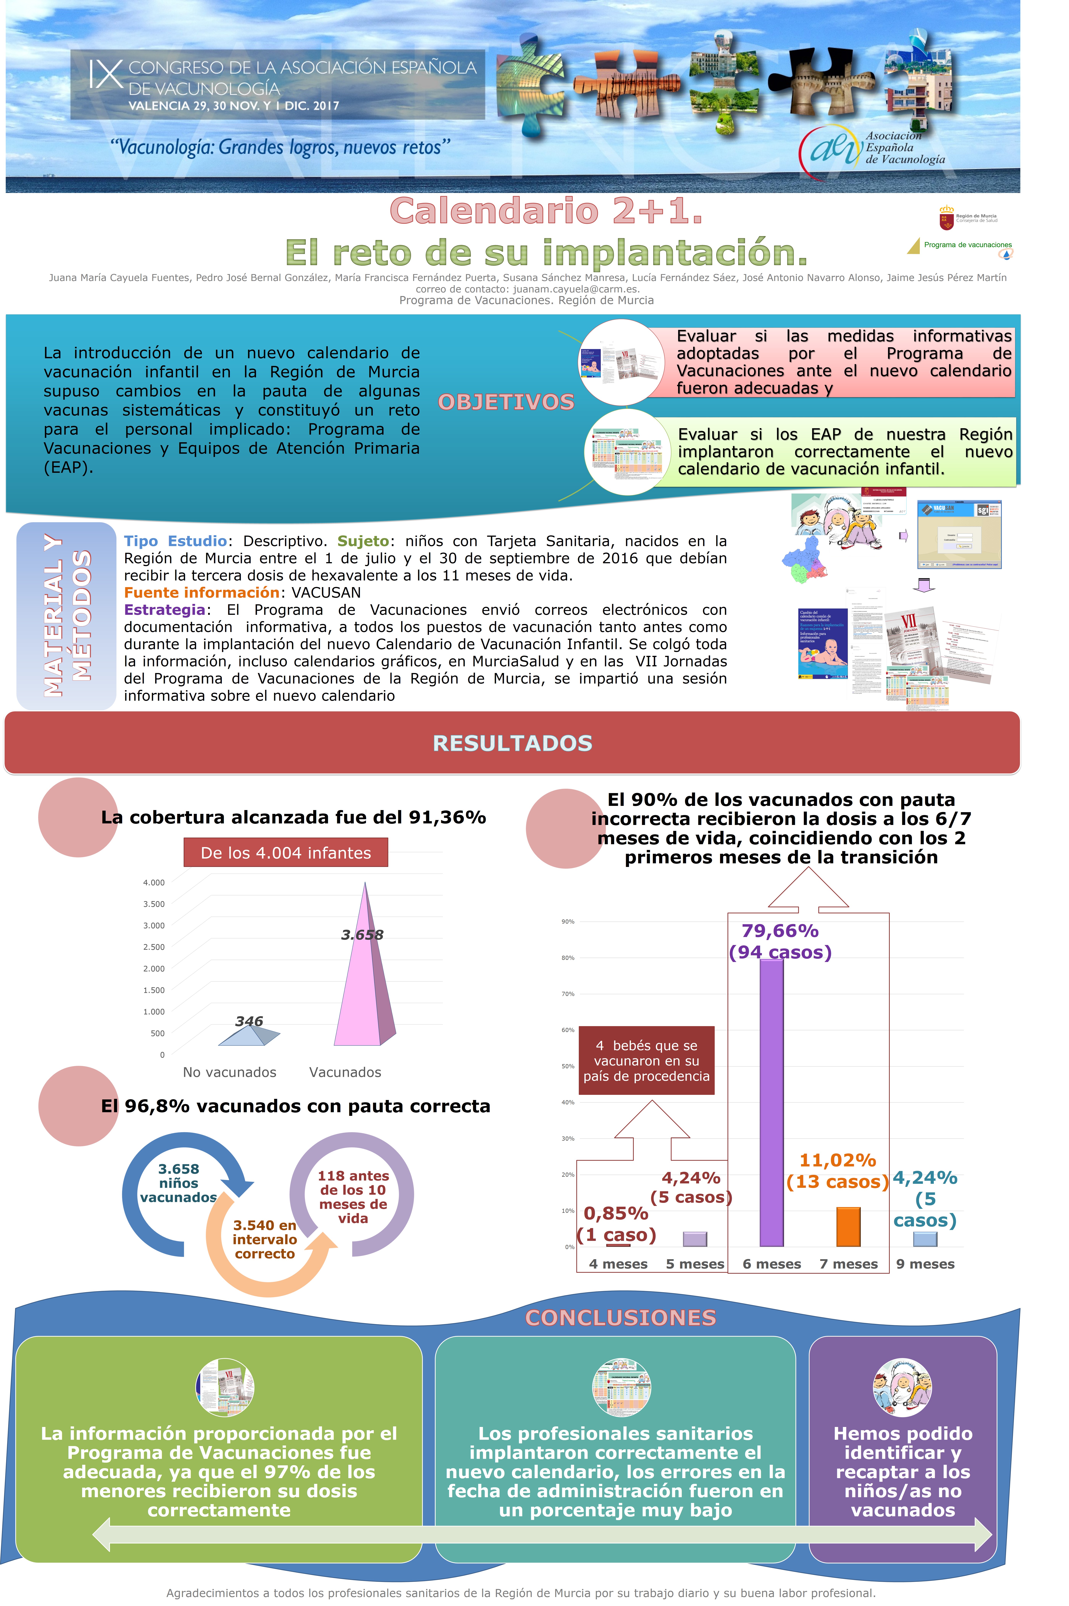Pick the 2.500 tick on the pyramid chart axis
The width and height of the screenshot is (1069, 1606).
(x=153, y=947)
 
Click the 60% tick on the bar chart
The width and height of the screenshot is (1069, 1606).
(x=567, y=1030)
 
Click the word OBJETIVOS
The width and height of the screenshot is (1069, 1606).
(x=506, y=402)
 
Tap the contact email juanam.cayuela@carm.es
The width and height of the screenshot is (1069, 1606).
(x=575, y=289)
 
